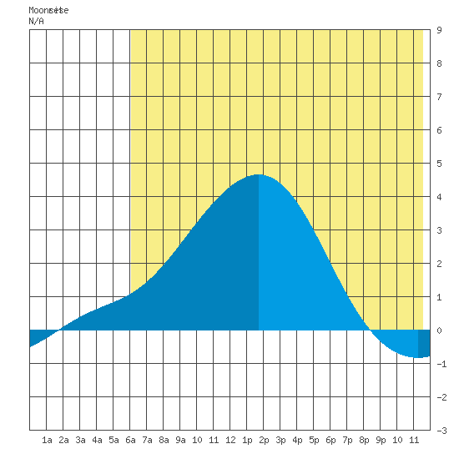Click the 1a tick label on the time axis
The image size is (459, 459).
[47, 440]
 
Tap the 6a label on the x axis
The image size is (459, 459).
[130, 440]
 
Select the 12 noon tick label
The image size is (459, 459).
[230, 440]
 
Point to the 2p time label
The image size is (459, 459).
[264, 440]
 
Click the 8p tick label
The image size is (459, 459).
[364, 440]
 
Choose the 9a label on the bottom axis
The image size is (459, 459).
[180, 440]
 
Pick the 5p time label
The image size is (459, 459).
[314, 440]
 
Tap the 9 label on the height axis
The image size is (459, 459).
[439, 30]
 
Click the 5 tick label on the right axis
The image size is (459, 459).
[439, 164]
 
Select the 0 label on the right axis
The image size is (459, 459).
[439, 330]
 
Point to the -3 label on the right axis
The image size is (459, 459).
[441, 431]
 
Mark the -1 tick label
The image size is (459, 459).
[441, 364]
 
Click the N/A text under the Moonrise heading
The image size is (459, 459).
[36, 21]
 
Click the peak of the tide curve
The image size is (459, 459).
[259, 174]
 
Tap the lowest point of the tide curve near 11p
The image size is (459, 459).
[416, 357]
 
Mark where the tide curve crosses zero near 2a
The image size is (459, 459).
[60, 330]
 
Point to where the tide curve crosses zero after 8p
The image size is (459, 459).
[371, 330]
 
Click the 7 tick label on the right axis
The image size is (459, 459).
[439, 97]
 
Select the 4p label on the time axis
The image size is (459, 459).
[297, 440]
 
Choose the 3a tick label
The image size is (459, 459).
[80, 440]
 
